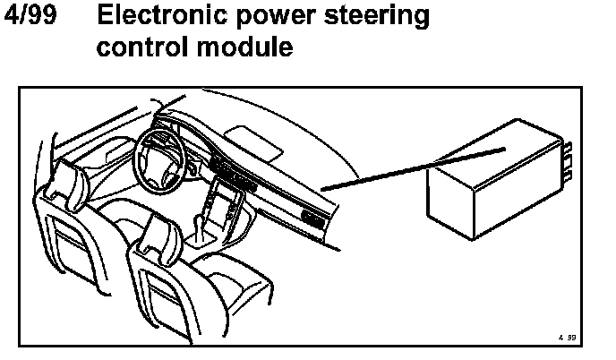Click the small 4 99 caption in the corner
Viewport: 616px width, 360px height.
pos(564,339)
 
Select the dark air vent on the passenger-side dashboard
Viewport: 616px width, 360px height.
pos(312,218)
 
